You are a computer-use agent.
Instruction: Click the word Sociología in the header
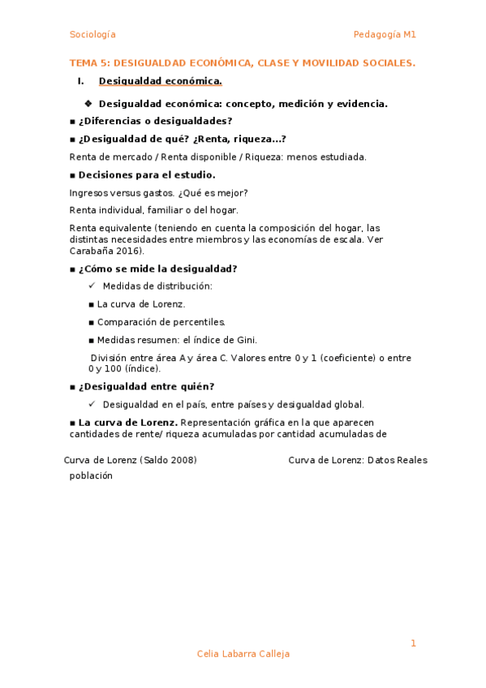click(x=92, y=35)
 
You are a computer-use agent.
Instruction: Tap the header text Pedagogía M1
click(x=385, y=35)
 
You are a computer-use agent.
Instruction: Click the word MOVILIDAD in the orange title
click(x=327, y=62)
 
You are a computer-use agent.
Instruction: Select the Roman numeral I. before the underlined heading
click(x=80, y=81)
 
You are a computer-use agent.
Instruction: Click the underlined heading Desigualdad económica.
click(x=160, y=81)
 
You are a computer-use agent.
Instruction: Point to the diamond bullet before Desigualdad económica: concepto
click(x=88, y=103)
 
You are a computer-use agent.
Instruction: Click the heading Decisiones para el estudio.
click(x=147, y=174)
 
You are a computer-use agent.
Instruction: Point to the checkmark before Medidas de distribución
click(x=92, y=286)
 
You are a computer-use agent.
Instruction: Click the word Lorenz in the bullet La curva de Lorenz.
click(x=169, y=304)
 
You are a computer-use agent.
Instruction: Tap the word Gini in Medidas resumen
click(x=246, y=340)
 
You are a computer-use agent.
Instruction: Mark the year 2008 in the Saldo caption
click(x=182, y=460)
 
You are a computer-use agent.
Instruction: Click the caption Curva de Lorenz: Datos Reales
click(x=358, y=460)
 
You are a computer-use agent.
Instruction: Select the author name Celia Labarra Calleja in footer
click(x=243, y=654)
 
